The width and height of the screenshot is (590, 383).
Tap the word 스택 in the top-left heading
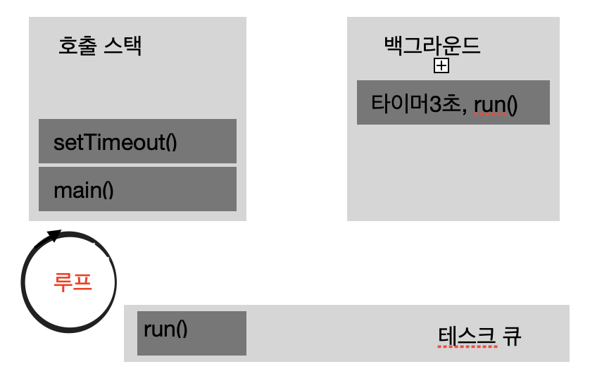[123, 46]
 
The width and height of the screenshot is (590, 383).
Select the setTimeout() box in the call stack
[137, 142]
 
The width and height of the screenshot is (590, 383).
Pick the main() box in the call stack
[137, 189]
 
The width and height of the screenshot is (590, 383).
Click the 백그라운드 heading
[432, 46]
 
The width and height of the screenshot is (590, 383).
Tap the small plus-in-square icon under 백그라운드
[441, 66]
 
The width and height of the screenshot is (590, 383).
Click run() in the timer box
[496, 104]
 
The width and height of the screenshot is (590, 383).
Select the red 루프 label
[73, 282]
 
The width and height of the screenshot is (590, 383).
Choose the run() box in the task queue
[192, 333]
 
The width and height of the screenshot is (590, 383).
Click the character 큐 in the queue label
[512, 335]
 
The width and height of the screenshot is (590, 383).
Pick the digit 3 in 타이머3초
[447, 104]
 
